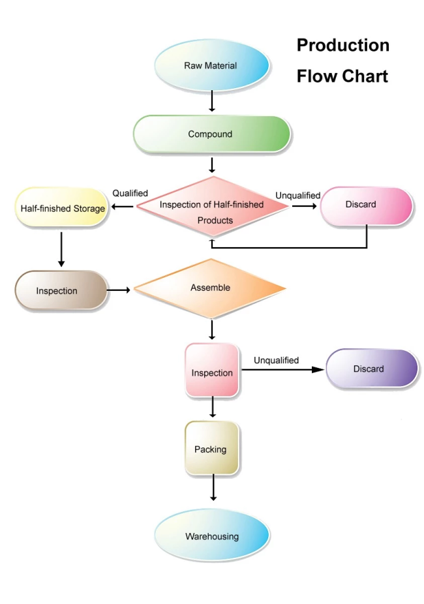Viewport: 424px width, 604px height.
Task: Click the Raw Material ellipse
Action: tap(212, 65)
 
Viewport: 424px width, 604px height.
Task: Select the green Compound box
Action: tap(212, 134)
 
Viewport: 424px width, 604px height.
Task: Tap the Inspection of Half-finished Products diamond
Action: tap(212, 207)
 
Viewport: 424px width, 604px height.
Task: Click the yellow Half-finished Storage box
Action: tap(61, 207)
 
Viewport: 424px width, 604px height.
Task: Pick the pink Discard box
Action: tap(366, 205)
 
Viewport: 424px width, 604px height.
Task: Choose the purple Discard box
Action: tap(372, 368)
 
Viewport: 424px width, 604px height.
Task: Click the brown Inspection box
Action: tap(61, 290)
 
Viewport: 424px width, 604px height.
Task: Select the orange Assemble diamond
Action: tap(210, 288)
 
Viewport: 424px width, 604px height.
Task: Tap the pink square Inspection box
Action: tap(212, 370)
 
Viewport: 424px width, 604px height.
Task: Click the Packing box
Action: tap(212, 448)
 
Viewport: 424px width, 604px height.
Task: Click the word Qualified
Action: tap(130, 193)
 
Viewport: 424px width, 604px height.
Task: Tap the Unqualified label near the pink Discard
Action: tap(297, 196)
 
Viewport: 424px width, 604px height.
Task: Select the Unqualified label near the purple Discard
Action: tap(276, 361)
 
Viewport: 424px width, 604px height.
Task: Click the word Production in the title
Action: tap(342, 46)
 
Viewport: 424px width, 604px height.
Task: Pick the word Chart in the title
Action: tap(365, 76)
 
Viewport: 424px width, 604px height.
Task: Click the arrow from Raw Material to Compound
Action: tap(212, 101)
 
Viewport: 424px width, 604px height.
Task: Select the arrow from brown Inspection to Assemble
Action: tap(118, 290)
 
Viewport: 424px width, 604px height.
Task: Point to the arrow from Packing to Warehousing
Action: tap(213, 488)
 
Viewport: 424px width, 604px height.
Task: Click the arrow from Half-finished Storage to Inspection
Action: tap(61, 249)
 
